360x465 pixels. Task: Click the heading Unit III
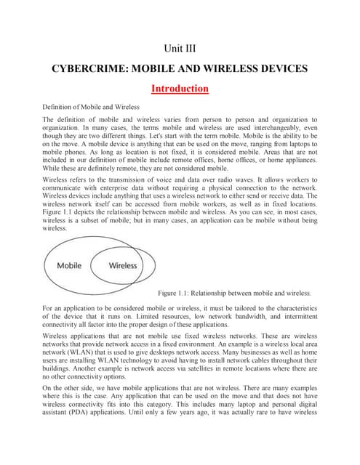pos(180,49)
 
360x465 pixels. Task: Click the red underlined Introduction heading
pos(180,89)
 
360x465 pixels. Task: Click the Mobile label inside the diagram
pos(74,265)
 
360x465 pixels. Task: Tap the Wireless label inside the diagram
pos(123,265)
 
